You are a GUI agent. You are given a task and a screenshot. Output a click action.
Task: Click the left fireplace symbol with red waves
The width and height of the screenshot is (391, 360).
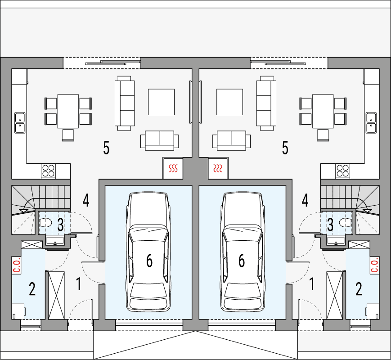173,169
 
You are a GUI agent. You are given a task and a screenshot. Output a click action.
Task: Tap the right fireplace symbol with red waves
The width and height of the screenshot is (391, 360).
218,169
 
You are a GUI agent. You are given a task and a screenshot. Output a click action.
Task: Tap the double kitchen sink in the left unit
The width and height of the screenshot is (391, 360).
19,123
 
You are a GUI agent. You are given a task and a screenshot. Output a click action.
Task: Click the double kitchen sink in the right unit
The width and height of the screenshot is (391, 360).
372,123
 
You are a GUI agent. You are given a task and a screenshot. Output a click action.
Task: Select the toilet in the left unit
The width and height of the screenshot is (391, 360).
46,222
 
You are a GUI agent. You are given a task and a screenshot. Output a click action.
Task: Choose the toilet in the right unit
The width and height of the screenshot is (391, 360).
345,222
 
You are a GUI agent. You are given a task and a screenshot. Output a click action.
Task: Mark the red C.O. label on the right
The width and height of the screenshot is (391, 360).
374,265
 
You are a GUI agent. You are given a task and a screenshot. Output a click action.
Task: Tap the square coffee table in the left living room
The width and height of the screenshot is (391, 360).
162,102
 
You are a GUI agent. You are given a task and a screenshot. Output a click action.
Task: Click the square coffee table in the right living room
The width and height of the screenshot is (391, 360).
229,102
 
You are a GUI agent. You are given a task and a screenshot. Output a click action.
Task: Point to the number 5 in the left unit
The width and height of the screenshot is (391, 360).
106,148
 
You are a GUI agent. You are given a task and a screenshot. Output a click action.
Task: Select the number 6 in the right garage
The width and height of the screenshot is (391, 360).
242,261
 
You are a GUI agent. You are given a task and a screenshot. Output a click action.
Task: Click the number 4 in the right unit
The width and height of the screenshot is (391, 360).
305,200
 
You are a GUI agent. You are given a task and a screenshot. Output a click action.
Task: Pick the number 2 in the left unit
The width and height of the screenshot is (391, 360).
32,289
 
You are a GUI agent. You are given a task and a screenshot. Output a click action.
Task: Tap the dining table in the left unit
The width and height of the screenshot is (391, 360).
68,111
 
